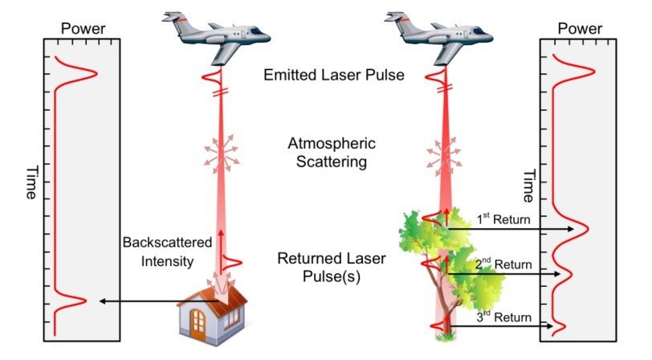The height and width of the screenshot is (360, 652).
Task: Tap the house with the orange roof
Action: [x=213, y=309]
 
